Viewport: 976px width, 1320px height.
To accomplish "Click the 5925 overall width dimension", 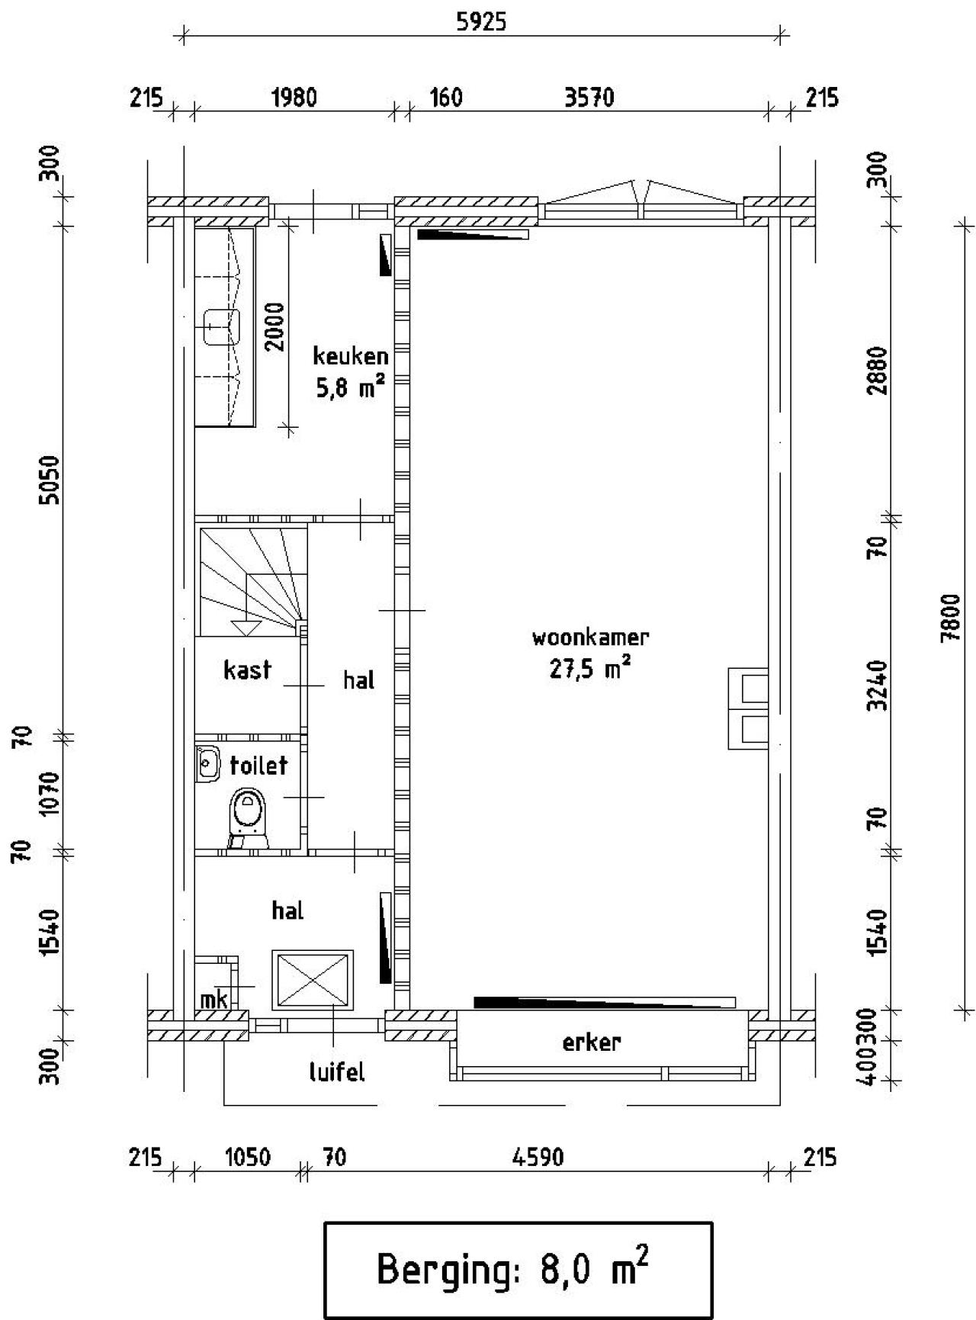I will [480, 22].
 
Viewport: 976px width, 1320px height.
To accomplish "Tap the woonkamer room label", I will [590, 637].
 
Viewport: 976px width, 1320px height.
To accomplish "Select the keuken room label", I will [351, 356].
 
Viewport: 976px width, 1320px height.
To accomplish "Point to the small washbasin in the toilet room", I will [207, 764].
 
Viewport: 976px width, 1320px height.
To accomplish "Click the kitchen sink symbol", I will [221, 327].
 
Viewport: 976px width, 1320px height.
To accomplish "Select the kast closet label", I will [247, 670].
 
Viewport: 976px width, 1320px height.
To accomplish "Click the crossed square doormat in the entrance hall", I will [313, 980].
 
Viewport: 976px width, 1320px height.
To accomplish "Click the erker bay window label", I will [591, 1042].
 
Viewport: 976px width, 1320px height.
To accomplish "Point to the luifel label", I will [336, 1073].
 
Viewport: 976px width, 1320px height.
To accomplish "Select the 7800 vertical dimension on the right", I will [950, 618].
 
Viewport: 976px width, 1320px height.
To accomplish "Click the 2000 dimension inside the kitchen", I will [275, 327].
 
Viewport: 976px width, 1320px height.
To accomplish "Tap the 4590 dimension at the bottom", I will [538, 1158].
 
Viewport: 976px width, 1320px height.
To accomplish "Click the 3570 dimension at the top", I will [589, 98].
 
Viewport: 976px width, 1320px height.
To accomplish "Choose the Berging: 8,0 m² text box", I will [518, 1270].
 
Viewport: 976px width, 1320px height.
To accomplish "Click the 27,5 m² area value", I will [589, 669].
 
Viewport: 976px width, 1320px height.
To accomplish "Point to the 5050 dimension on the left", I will [50, 480].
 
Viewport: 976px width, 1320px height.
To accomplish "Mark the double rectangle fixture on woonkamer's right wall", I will [747, 708].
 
